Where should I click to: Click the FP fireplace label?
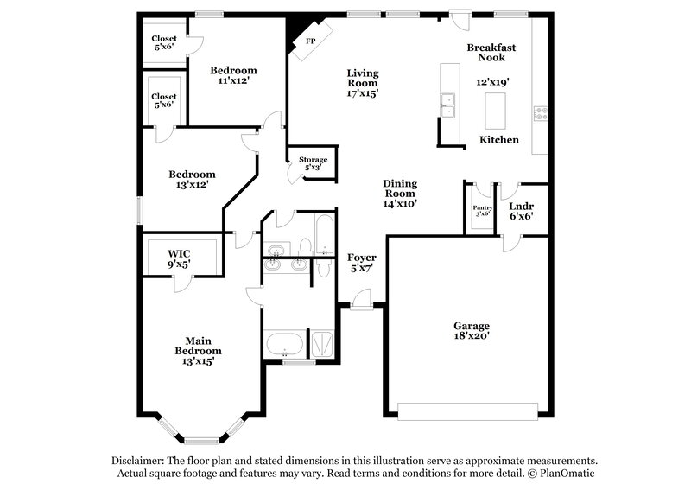coord(309,40)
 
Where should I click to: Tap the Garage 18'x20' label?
coord(472,331)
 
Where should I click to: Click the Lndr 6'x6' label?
coord(521,211)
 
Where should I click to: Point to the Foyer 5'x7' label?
coord(361,263)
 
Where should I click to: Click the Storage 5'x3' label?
coord(313,163)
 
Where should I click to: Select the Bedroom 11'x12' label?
coord(233,75)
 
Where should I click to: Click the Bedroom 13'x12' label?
coord(192,179)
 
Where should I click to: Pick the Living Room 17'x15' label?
coord(363,82)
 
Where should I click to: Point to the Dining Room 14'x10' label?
coord(400,194)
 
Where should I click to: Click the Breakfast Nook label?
coord(491,53)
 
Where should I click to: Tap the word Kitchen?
coord(499,139)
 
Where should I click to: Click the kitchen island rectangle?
coord(495,109)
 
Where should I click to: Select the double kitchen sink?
coord(447,105)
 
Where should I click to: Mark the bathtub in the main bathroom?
coord(283,345)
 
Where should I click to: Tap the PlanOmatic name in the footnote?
coord(568,474)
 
